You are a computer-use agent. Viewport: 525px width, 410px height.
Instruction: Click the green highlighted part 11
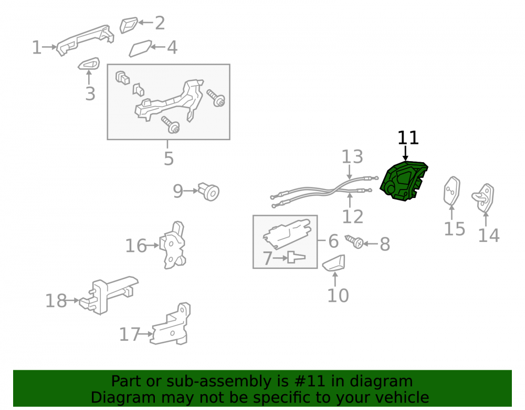coord(404,181)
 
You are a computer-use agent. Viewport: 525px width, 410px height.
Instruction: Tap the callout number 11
coord(408,138)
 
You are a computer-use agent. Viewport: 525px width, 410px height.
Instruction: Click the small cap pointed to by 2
coord(129,25)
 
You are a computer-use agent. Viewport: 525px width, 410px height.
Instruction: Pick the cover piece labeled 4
coord(140,48)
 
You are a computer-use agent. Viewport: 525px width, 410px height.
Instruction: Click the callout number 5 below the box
coord(169,159)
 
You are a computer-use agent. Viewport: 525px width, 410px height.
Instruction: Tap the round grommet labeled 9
coord(209,192)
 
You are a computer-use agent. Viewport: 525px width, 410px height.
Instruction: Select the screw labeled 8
coord(354,241)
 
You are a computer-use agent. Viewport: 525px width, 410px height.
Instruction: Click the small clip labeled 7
coord(296,257)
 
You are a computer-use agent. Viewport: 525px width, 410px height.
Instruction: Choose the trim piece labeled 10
coord(334,262)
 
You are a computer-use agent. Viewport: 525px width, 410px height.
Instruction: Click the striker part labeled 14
coord(483,198)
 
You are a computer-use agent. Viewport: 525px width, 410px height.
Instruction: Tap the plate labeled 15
coord(451,191)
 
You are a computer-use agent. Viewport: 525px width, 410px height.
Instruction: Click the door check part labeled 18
coord(107,295)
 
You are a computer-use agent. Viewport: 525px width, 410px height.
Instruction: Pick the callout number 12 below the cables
coord(353,216)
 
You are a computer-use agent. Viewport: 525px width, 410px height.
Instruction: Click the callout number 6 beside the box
coord(333,241)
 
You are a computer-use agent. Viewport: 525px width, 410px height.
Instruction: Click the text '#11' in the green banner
coord(310,381)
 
